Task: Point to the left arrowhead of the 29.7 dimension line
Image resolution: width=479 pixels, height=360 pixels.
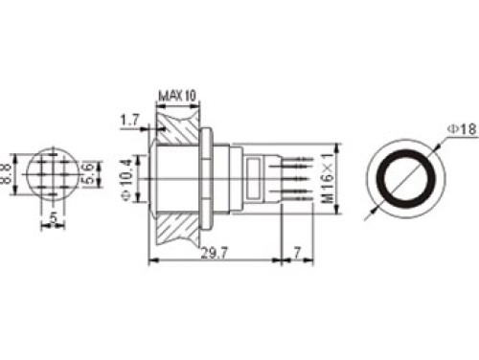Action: [152, 259]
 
